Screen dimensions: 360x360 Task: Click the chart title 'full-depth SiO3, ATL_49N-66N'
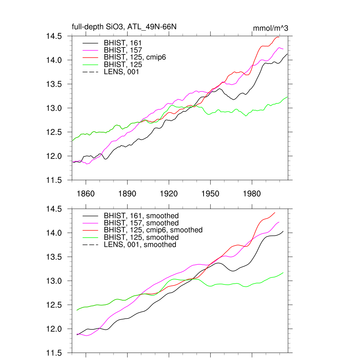pos(119,27)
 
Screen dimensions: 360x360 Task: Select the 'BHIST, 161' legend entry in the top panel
pos(123,43)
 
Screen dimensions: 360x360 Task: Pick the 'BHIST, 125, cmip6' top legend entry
pos(135,57)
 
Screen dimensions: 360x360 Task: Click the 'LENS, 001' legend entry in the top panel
pos(122,72)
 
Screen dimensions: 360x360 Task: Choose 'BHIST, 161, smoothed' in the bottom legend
pos(141,216)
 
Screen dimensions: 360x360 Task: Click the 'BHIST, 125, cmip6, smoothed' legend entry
pos(153,230)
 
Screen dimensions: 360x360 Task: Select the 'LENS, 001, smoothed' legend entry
pos(140,244)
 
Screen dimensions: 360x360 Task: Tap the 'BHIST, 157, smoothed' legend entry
pos(141,223)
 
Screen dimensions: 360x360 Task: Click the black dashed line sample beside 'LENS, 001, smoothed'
pos(90,244)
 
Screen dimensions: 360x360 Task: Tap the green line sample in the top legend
pos(90,65)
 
